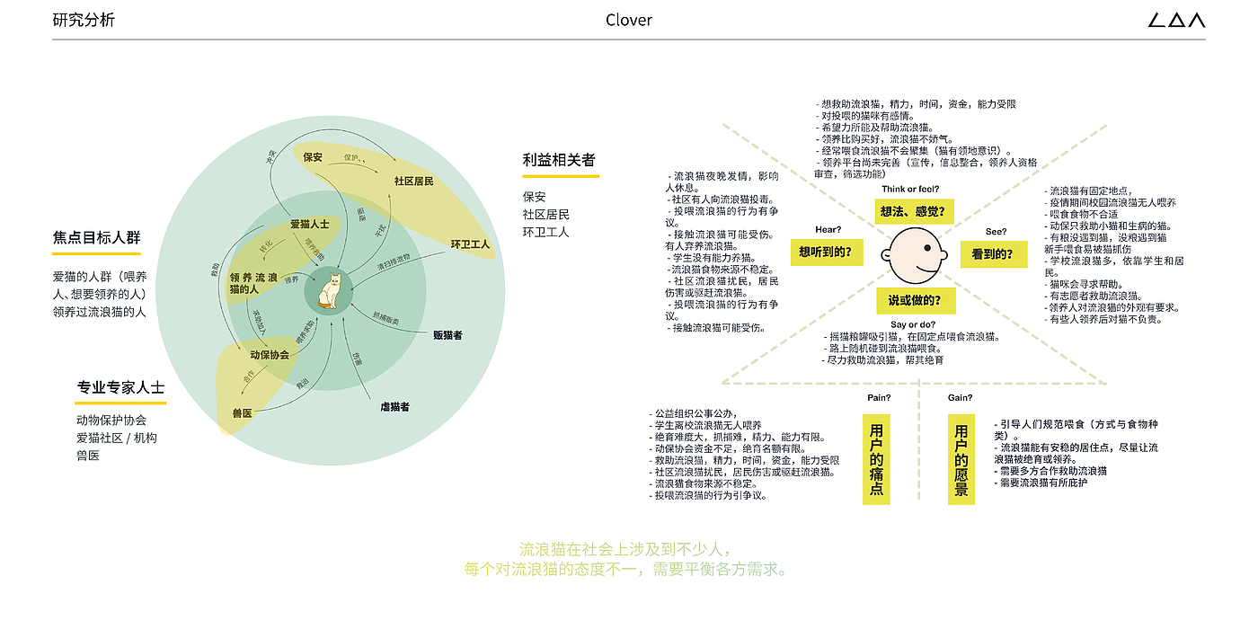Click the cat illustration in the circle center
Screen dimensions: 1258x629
click(330, 290)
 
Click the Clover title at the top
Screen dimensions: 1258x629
click(629, 20)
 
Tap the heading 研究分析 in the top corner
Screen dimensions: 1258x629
click(84, 20)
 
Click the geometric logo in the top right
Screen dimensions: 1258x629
click(1176, 20)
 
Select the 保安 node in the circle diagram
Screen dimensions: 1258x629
click(313, 157)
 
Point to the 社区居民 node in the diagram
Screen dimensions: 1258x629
click(413, 182)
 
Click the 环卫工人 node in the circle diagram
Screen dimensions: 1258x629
click(470, 244)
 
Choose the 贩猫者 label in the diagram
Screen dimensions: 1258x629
click(447, 335)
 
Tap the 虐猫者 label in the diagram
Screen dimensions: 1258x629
click(394, 407)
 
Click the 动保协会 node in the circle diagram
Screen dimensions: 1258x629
click(270, 354)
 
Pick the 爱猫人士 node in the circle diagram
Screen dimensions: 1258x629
click(309, 224)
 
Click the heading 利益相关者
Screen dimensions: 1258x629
click(559, 160)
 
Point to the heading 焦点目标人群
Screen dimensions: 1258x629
click(96, 238)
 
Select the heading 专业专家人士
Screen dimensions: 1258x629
click(120, 387)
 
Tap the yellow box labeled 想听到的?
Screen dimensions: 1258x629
click(826, 252)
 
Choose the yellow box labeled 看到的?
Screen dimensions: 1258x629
click(992, 254)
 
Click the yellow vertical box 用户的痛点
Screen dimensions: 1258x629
click(876, 459)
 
